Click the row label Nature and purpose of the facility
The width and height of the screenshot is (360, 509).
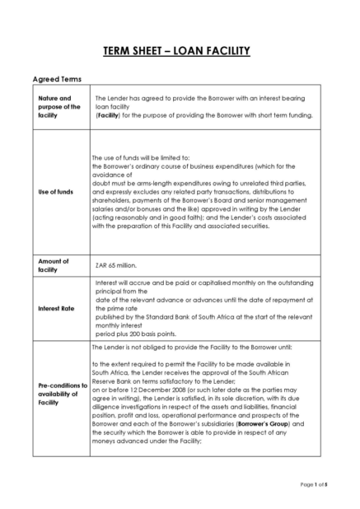[59, 106]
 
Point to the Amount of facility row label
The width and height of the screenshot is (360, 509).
[54, 265]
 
